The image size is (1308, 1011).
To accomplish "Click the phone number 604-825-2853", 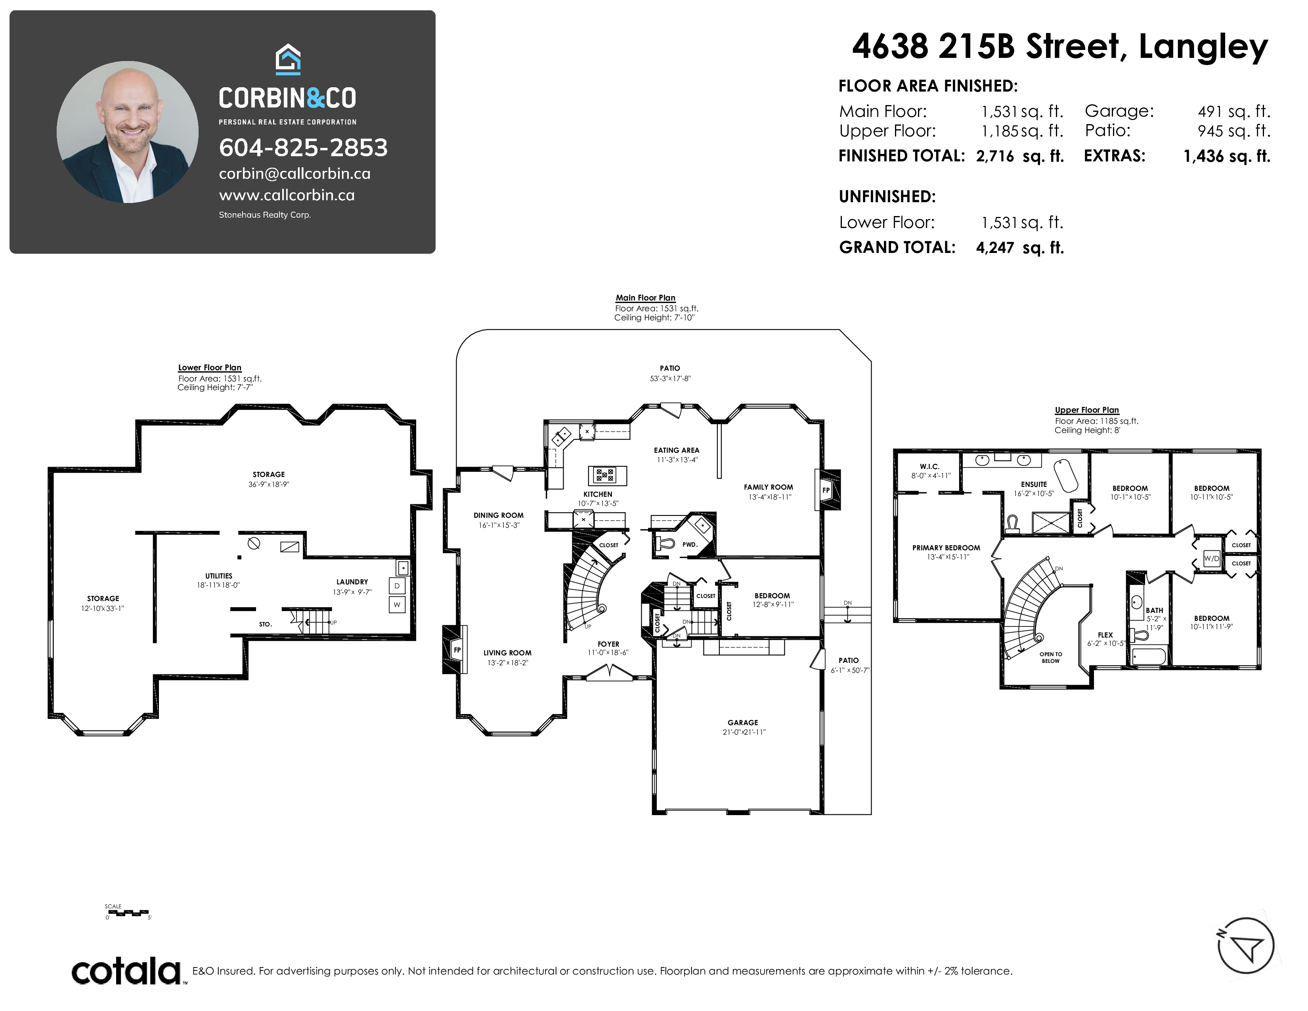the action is [303, 147].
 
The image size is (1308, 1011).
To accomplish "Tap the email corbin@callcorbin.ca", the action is [294, 174].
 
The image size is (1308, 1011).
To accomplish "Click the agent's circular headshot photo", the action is [128, 132].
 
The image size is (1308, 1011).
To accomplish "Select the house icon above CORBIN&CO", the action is [288, 59].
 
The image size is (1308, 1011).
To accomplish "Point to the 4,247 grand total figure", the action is [995, 247].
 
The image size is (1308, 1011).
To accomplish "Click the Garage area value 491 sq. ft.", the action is [1234, 111].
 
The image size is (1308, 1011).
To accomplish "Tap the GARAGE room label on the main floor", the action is [743, 722].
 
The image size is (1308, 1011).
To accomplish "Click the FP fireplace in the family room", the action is [826, 490].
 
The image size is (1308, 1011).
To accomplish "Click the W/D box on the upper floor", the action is [1212, 558].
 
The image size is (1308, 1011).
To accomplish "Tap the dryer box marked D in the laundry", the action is [396, 586].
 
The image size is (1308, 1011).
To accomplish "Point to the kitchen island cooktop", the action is [604, 475].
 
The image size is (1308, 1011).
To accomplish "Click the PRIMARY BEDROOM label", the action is [946, 548].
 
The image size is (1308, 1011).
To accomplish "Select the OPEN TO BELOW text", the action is [1050, 658].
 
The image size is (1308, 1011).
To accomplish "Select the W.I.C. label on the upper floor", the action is [929, 467].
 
